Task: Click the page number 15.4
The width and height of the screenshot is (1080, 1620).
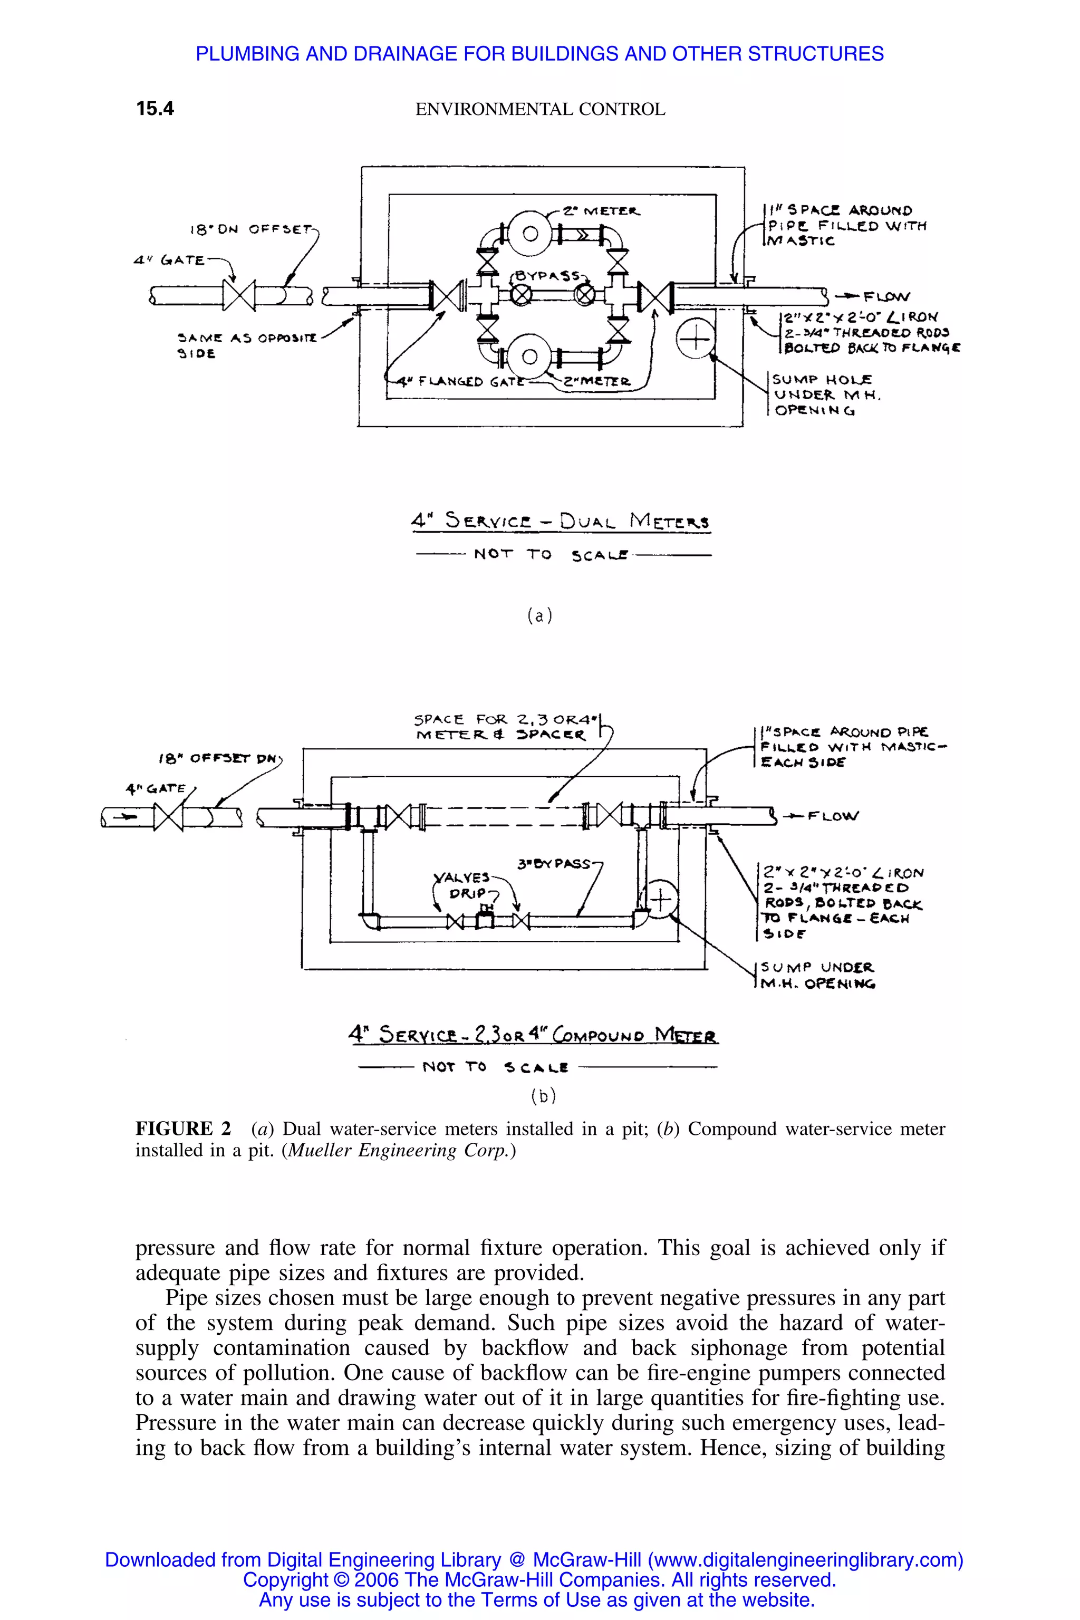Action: (x=155, y=109)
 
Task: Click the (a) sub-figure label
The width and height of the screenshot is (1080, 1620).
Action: (x=540, y=615)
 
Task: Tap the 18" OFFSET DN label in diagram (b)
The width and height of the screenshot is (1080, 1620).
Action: (x=216, y=759)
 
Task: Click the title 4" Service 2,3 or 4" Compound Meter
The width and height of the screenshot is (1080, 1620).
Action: (x=533, y=1035)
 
